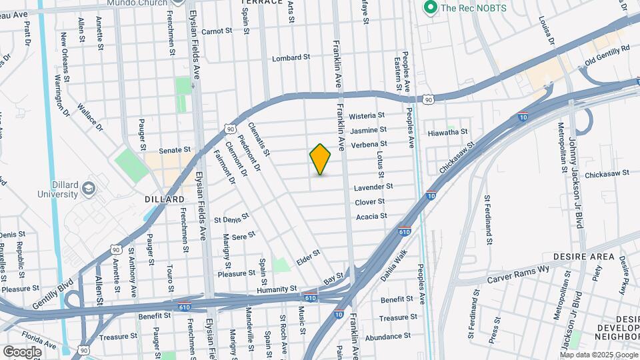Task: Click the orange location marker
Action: pos(320,159)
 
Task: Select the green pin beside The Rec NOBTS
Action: pos(430,8)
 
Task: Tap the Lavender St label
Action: pos(373,187)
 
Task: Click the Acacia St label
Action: pos(371,216)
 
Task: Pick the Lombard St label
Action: pos(291,59)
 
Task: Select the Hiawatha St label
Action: pos(448,133)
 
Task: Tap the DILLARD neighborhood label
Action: pos(165,199)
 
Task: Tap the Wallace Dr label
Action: pos(89,116)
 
